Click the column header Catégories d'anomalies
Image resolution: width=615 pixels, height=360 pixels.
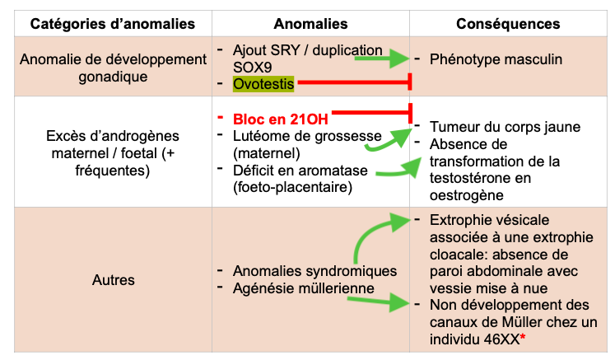pyautogui.click(x=113, y=24)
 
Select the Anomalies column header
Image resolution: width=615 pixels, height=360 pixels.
pyautogui.click(x=310, y=24)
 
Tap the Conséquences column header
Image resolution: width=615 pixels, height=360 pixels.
pyautogui.click(x=508, y=24)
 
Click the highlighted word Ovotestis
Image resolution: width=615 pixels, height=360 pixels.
pyautogui.click(x=263, y=84)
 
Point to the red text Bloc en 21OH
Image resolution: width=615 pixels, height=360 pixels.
pyautogui.click(x=281, y=119)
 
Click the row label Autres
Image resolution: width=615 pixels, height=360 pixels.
pyautogui.click(x=114, y=280)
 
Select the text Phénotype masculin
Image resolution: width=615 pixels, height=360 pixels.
pyautogui.click(x=496, y=59)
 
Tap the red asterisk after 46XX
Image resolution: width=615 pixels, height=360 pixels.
pyautogui.click(x=523, y=336)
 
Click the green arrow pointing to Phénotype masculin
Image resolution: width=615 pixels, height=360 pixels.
pyautogui.click(x=382, y=58)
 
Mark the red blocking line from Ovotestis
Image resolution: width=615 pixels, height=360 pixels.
pyautogui.click(x=354, y=82)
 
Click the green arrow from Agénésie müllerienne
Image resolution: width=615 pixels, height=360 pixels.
pyautogui.click(x=379, y=302)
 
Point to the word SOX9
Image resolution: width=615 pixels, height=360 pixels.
pyautogui.click(x=252, y=68)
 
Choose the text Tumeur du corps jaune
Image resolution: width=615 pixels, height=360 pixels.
pyautogui.click(x=505, y=127)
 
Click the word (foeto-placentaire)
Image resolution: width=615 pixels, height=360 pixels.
pyautogui.click(x=292, y=187)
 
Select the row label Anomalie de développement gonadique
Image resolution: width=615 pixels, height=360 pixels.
pyautogui.click(x=113, y=68)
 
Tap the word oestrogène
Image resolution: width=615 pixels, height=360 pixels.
pyautogui.click(x=466, y=195)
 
